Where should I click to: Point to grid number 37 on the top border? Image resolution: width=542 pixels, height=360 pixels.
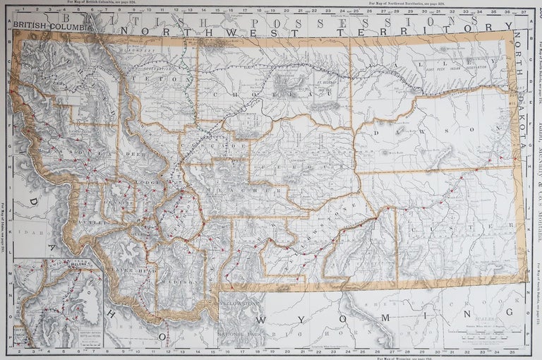(x=522, y=11)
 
